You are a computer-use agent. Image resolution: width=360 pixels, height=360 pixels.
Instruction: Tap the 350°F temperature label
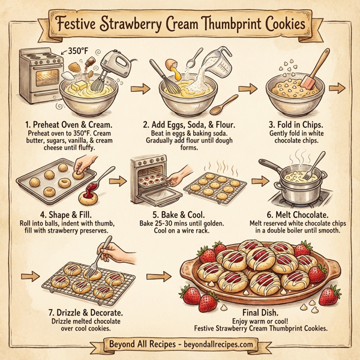[x=80, y=50]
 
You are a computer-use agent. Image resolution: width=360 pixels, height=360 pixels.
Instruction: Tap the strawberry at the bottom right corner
[x=329, y=295]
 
